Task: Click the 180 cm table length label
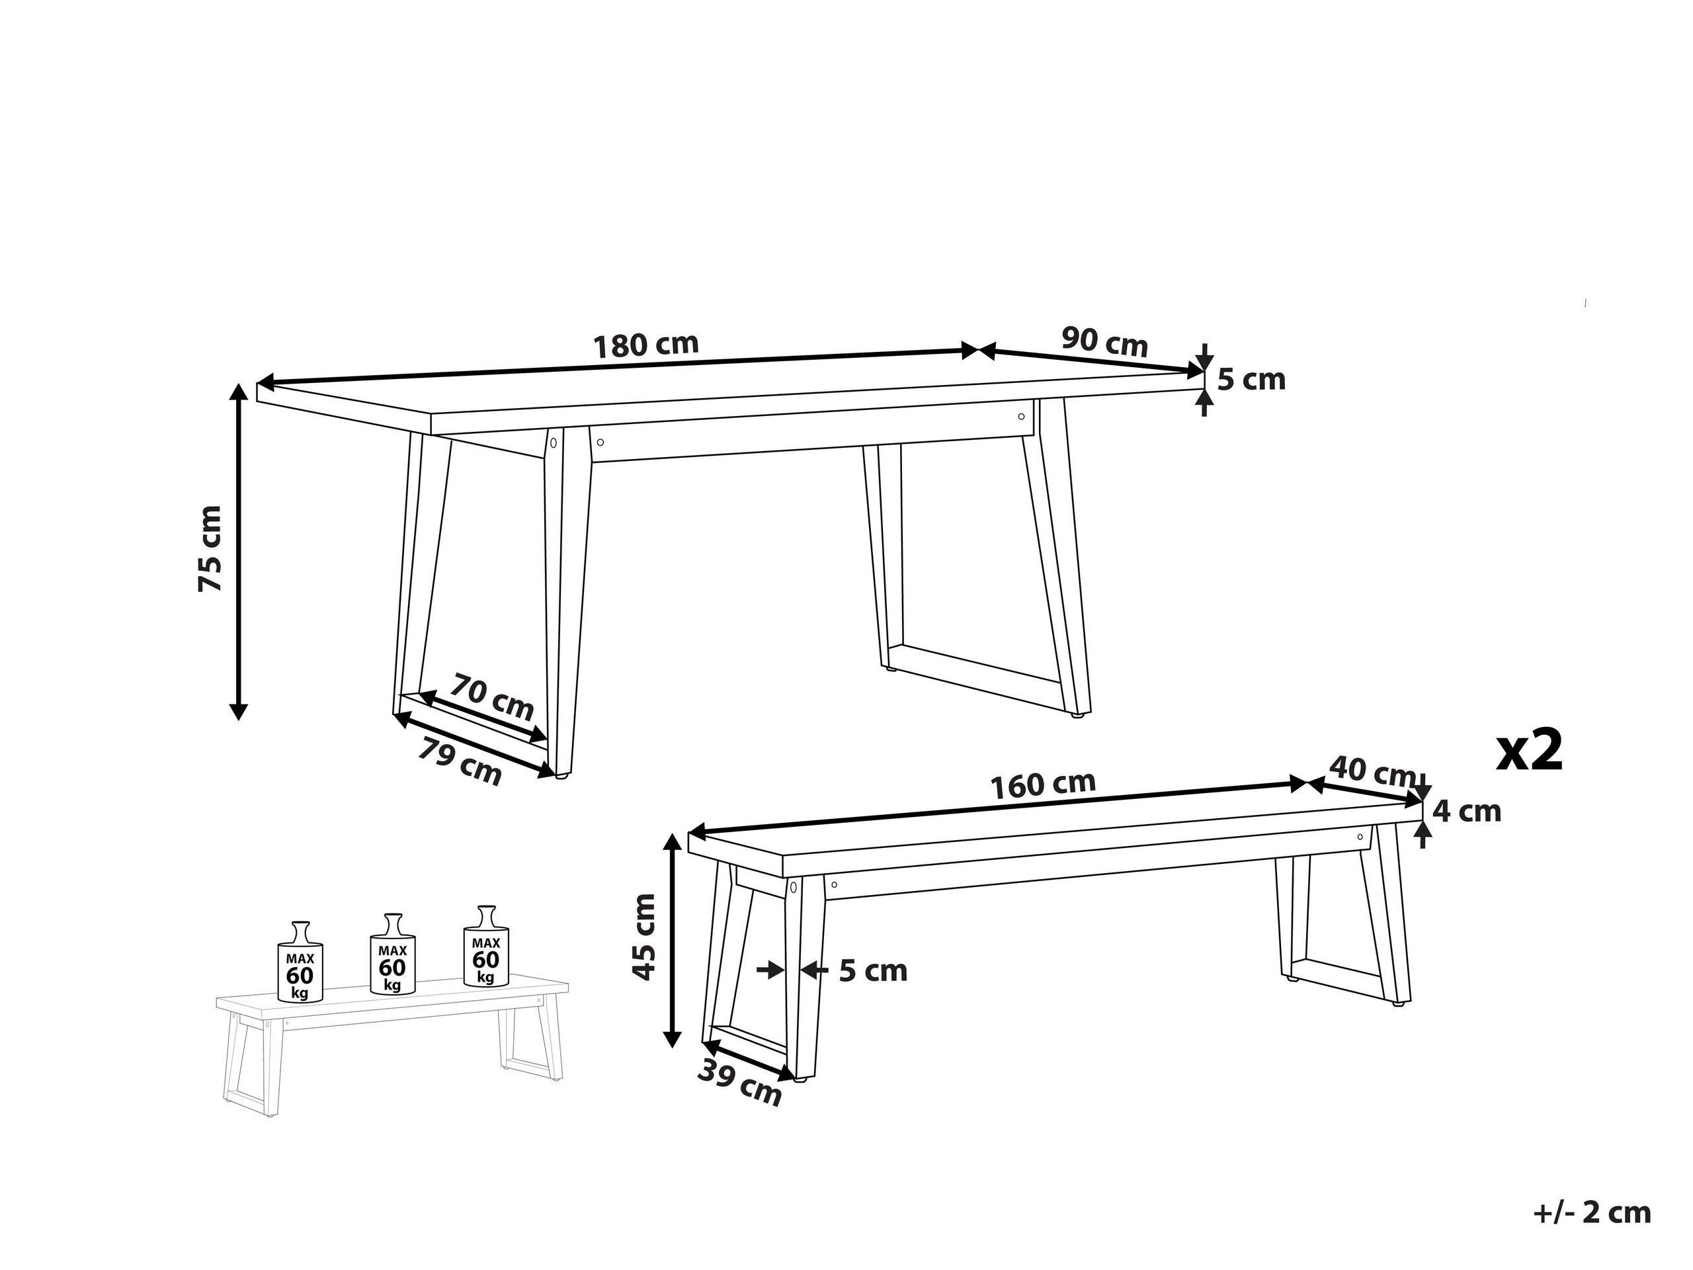647,345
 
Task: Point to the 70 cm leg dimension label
491,696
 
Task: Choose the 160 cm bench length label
1042,784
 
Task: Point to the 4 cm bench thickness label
1466,812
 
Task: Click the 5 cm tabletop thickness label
1251,380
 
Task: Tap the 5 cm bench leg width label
872,970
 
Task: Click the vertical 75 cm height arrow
239,551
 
